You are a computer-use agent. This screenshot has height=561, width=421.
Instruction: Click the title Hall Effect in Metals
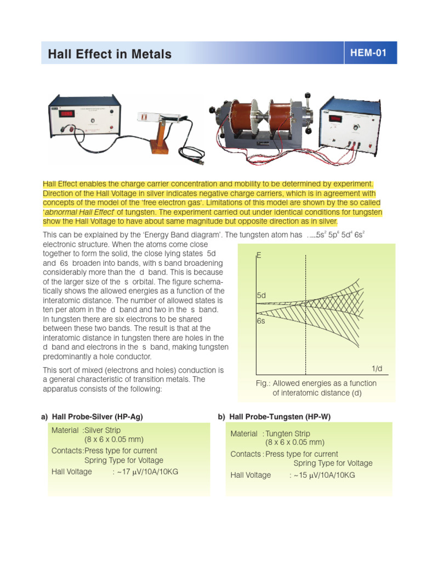pyautogui.click(x=110, y=54)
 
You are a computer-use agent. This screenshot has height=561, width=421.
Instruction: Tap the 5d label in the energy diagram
pyautogui.click(x=261, y=296)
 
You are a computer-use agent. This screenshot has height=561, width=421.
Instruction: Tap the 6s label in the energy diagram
pyautogui.click(x=261, y=321)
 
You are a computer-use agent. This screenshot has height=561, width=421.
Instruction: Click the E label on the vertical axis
pyautogui.click(x=259, y=256)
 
